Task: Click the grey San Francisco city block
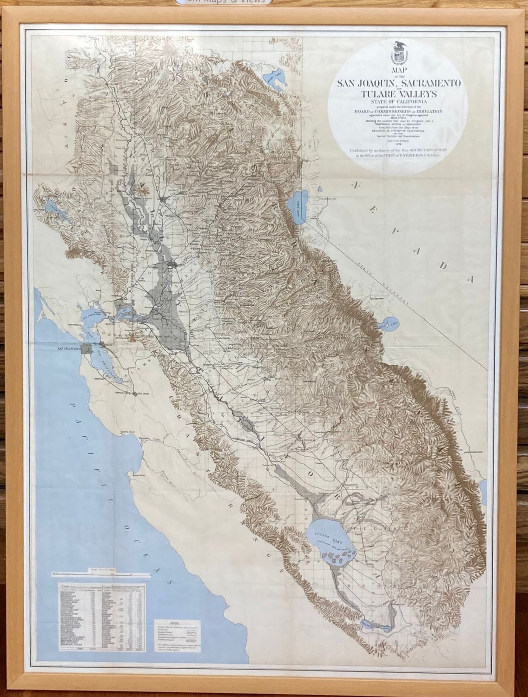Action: coord(86,349)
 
